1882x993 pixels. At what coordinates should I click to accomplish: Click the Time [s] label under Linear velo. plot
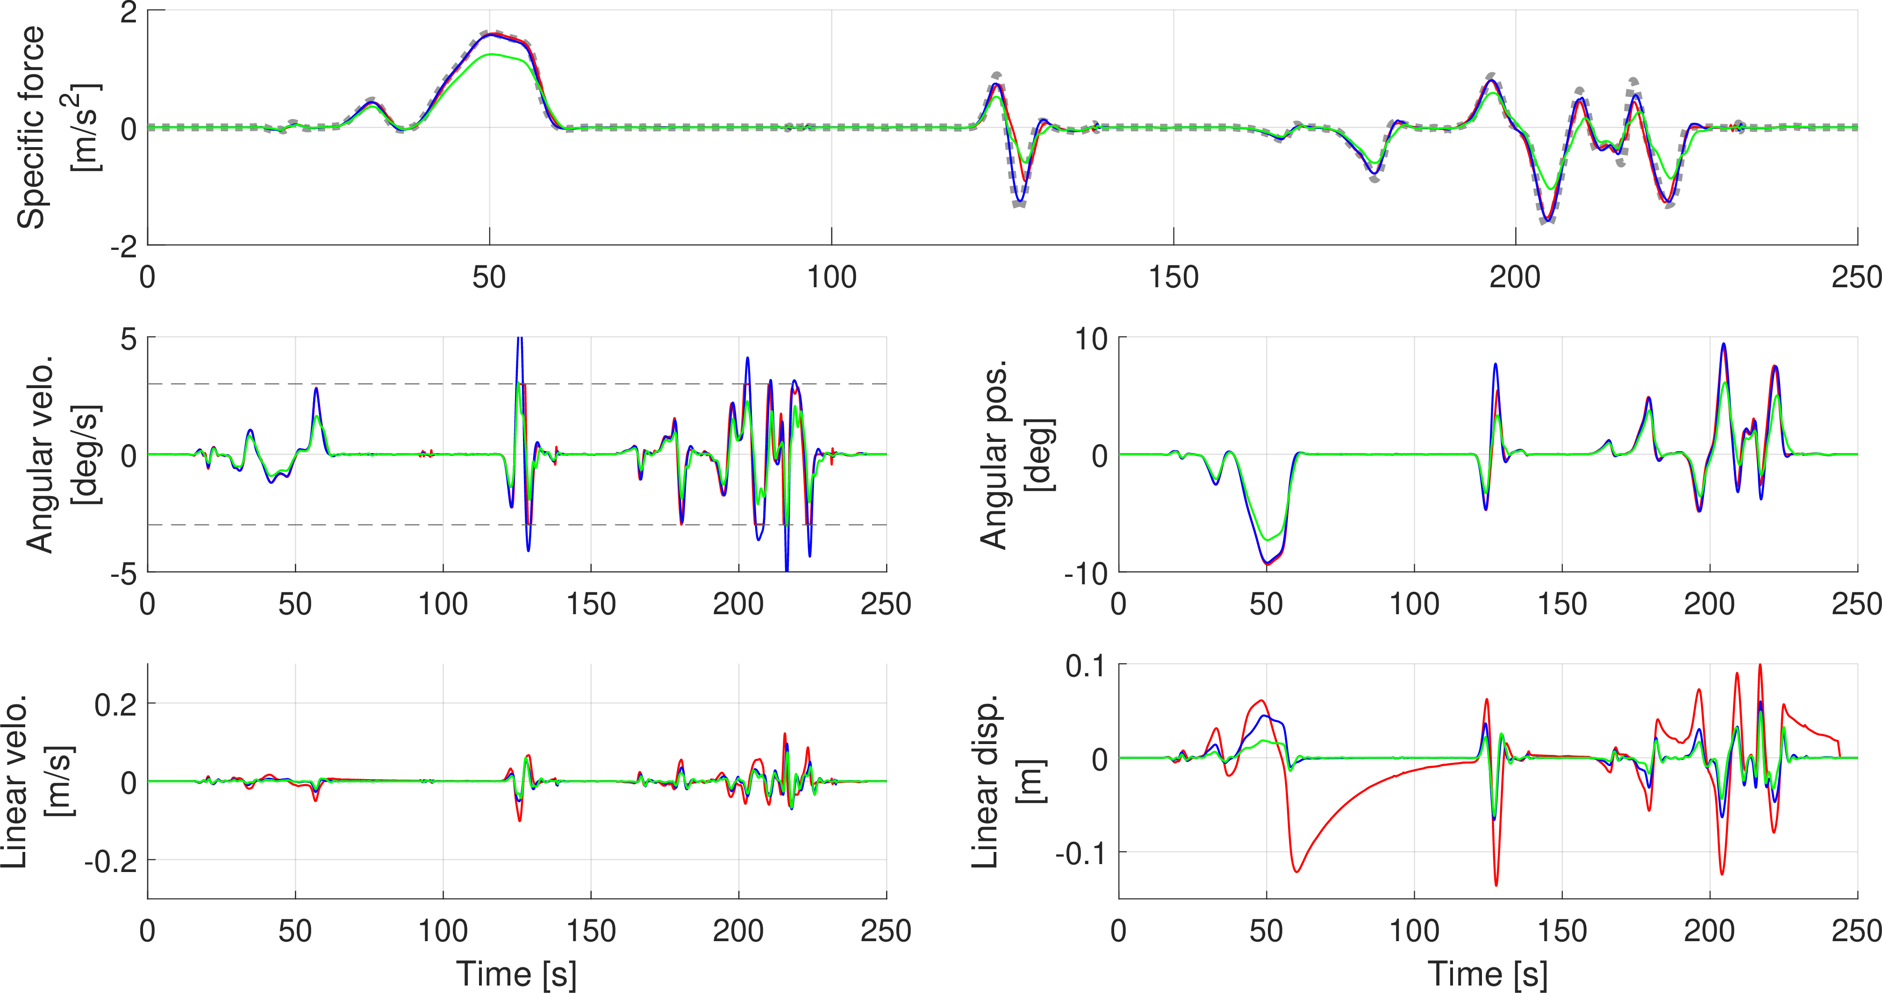(516, 974)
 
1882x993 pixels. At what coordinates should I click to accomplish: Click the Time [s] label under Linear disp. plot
(1488, 974)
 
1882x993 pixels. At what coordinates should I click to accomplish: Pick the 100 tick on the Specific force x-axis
(831, 277)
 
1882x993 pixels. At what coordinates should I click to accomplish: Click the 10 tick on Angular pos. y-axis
(1091, 339)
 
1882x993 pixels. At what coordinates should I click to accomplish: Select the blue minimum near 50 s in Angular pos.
(1266, 562)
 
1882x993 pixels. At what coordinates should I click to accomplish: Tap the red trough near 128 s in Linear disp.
(1496, 886)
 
